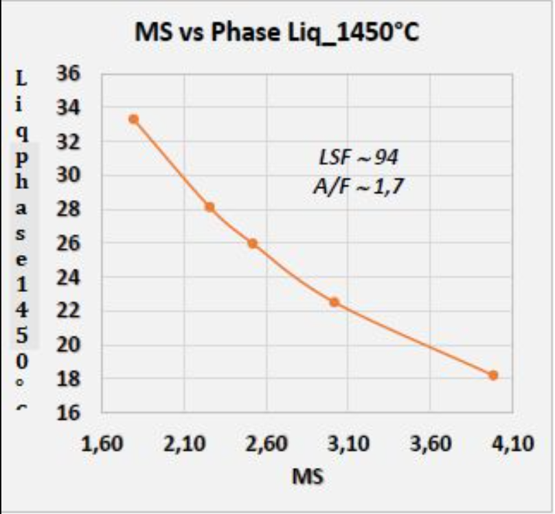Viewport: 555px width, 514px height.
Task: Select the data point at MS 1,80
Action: pyautogui.click(x=133, y=119)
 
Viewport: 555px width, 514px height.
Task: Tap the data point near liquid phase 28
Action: pyautogui.click(x=210, y=207)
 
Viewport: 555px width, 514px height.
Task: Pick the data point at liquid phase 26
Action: pyautogui.click(x=252, y=243)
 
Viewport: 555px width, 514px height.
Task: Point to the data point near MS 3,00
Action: pyautogui.click(x=334, y=302)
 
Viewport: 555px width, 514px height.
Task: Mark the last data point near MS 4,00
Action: pyautogui.click(x=493, y=375)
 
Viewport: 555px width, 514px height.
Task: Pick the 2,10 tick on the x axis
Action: pyautogui.click(x=183, y=444)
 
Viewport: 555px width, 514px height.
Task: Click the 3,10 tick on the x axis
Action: pyautogui.click(x=348, y=444)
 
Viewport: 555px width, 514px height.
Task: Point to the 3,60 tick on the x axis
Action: pyautogui.click(x=430, y=444)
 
